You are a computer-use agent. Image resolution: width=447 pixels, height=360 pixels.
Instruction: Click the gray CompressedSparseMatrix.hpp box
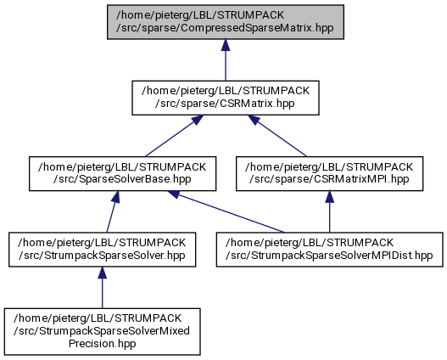click(226, 22)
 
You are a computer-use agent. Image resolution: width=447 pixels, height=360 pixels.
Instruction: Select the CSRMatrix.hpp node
click(226, 98)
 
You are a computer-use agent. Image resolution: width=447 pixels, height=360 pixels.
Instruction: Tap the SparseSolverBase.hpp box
click(123, 173)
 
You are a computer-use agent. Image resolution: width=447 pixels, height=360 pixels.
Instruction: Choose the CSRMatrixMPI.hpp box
click(330, 173)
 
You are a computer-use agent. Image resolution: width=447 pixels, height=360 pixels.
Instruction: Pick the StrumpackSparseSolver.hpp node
click(103, 250)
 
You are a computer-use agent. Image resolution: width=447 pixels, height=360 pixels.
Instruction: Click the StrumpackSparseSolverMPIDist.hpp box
click(330, 250)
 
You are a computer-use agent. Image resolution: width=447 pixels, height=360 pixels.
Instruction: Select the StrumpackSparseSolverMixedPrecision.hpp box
click(103, 331)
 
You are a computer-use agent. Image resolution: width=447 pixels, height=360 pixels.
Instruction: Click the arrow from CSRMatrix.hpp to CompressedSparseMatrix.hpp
click(226, 60)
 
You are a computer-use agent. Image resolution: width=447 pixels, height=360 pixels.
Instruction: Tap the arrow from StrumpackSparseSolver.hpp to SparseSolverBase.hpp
click(112, 211)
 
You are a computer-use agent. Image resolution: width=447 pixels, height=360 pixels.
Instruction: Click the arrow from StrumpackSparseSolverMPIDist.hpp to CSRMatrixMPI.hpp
click(330, 211)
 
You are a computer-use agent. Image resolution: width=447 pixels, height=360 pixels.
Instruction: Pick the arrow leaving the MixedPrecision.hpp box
click(103, 288)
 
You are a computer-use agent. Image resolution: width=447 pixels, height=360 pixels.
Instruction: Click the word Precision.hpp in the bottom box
click(102, 344)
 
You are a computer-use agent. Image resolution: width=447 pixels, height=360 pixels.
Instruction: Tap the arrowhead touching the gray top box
click(226, 45)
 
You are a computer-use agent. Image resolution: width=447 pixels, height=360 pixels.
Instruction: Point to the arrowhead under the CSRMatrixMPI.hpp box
click(330, 196)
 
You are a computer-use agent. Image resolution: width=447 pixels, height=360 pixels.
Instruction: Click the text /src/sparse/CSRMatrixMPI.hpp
click(329, 179)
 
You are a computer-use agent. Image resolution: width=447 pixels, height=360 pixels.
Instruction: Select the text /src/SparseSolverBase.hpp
click(122, 179)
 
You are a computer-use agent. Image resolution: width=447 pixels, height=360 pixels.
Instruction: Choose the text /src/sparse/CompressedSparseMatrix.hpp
click(225, 28)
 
